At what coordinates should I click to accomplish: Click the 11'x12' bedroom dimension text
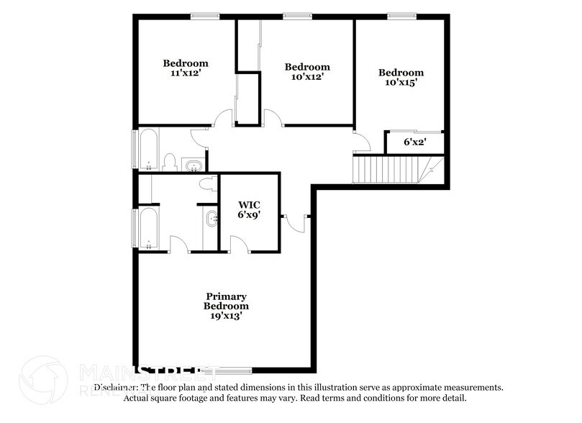click(x=185, y=73)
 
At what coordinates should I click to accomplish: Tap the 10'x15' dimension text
click(x=401, y=82)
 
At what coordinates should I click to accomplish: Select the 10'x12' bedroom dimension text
click(x=307, y=76)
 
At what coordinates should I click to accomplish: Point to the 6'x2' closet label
click(x=414, y=142)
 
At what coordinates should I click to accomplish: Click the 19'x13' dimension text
click(x=227, y=316)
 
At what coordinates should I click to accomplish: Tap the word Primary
click(x=227, y=296)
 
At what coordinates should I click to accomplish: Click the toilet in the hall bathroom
click(x=170, y=162)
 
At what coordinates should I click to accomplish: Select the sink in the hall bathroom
click(x=194, y=167)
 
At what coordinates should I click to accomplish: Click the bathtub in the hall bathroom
click(x=149, y=149)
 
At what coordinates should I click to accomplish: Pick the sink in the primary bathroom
click(x=212, y=219)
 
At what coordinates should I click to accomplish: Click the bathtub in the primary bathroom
click(x=149, y=228)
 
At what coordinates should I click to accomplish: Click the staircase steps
click(x=385, y=170)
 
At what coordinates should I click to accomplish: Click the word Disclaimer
click(x=116, y=387)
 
